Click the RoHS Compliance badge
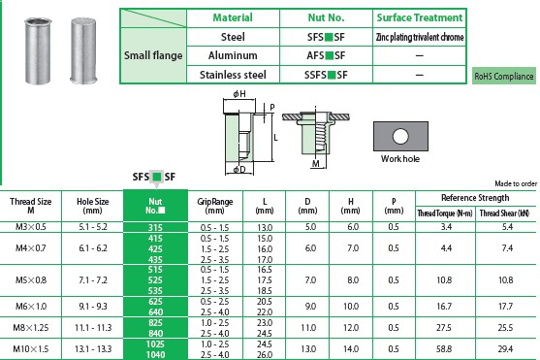coord(504,76)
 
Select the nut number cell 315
coord(155,228)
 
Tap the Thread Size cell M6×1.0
coord(31,307)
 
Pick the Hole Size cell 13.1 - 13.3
coord(93,348)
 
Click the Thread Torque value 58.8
coord(444,348)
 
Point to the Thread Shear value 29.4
coord(505,348)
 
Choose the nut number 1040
coord(155,354)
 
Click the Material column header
coord(233,17)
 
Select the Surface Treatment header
coord(420,17)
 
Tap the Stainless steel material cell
coord(233,75)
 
